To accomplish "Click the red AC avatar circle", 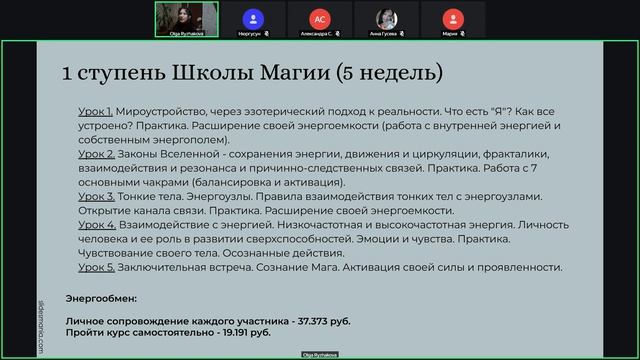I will [320, 17].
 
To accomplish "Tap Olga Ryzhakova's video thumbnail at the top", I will [186, 18].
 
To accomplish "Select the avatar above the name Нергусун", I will [253, 17].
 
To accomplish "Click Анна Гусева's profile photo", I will [386, 17].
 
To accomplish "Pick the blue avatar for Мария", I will [453, 17].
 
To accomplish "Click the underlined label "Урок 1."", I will [96, 113].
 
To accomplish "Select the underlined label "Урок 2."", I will [96, 155].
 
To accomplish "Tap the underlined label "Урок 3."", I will [96, 197].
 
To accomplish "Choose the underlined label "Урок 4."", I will [96, 225].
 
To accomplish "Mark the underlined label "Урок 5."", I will [96, 267].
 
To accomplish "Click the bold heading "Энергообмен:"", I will [101, 298].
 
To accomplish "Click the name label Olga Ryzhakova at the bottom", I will [320, 355].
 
